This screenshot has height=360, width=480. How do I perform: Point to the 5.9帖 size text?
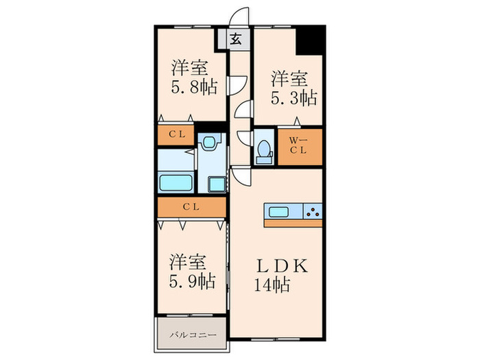[189, 280]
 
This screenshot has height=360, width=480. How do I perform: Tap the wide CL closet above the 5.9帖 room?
[191, 206]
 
